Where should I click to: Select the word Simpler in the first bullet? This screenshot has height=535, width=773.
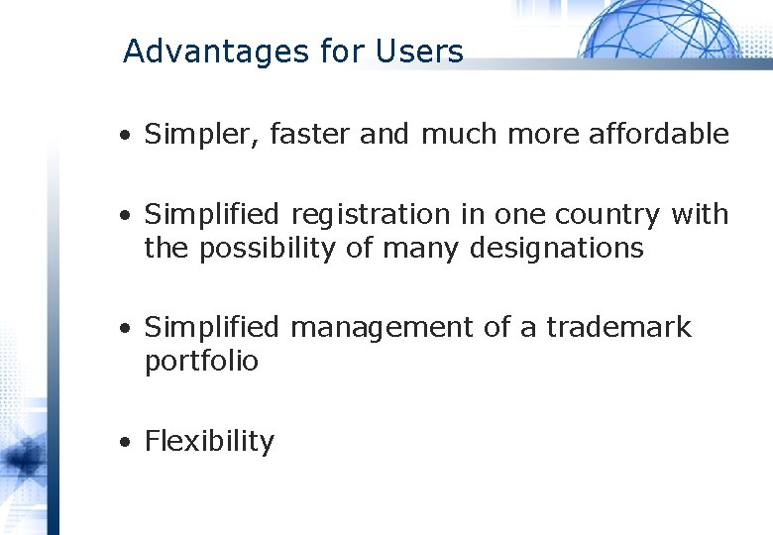coord(199,134)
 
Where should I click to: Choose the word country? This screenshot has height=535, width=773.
coord(612,215)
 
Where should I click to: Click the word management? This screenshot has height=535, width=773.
coord(382,328)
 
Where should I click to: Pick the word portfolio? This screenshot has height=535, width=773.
coord(201,362)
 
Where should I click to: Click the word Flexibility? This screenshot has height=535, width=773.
coord(209,442)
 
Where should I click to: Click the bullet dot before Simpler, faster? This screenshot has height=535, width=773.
coord(125,136)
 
